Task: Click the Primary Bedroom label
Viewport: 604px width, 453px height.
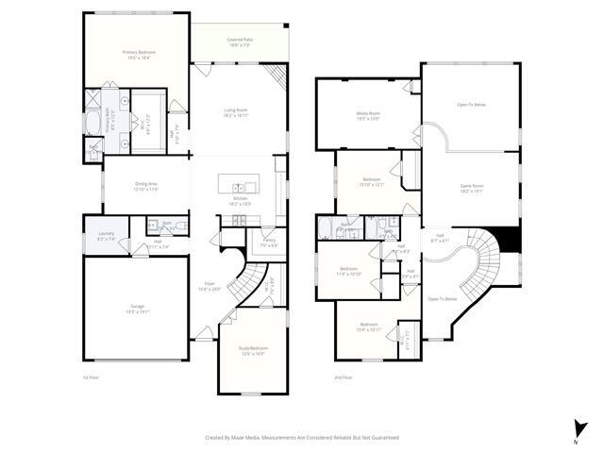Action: tap(137, 54)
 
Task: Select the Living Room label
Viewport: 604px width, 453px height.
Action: tap(236, 112)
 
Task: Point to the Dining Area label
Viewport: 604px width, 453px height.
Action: tap(146, 186)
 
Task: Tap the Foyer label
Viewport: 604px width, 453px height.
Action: tap(209, 286)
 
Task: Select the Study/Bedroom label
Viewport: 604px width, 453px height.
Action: tap(252, 350)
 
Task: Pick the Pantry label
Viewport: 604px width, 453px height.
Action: tap(268, 243)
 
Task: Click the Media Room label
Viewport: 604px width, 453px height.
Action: tap(368, 116)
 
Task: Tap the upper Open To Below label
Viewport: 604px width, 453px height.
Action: tap(471, 104)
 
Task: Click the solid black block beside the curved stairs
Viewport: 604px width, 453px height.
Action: tap(510, 241)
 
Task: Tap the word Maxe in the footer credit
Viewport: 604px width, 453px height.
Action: tap(251, 437)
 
